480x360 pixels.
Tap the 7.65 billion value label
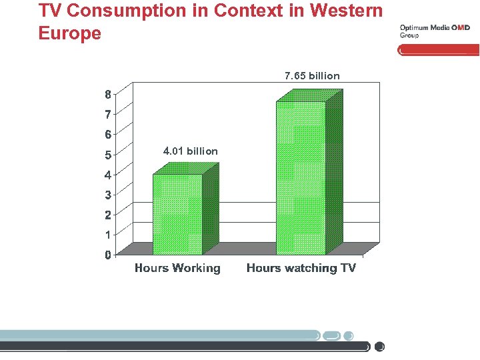coord(312,76)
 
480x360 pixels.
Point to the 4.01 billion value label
coord(190,151)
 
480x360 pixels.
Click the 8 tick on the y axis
coord(108,94)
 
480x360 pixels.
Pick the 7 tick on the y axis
coord(108,115)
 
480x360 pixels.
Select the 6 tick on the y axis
coord(108,135)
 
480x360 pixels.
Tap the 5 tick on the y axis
coord(108,155)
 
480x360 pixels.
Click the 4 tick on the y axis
coord(108,175)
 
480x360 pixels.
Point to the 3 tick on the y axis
coord(108,195)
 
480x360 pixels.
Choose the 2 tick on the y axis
coord(108,215)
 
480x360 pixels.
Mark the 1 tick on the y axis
coord(108,235)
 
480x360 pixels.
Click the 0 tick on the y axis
coord(108,255)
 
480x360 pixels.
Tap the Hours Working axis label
coord(177,268)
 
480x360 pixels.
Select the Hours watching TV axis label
coord(301,268)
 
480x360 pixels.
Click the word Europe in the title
coord(70,33)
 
